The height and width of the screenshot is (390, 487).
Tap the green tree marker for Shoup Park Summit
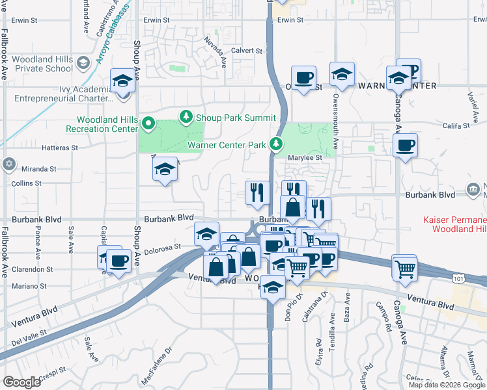pos(186,116)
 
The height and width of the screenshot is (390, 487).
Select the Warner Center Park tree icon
pos(277,142)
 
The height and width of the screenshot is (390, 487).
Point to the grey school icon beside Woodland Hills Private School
pos(83,63)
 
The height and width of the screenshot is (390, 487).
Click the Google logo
pos(22,382)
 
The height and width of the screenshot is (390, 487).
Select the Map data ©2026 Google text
pos(446,385)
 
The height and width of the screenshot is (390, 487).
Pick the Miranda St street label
pos(39,168)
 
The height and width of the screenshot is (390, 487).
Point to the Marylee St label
pos(309,157)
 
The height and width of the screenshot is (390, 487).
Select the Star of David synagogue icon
pos(8,164)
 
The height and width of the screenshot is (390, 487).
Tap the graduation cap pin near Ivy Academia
pos(122,82)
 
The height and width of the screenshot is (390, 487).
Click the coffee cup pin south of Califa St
pos(405,146)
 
